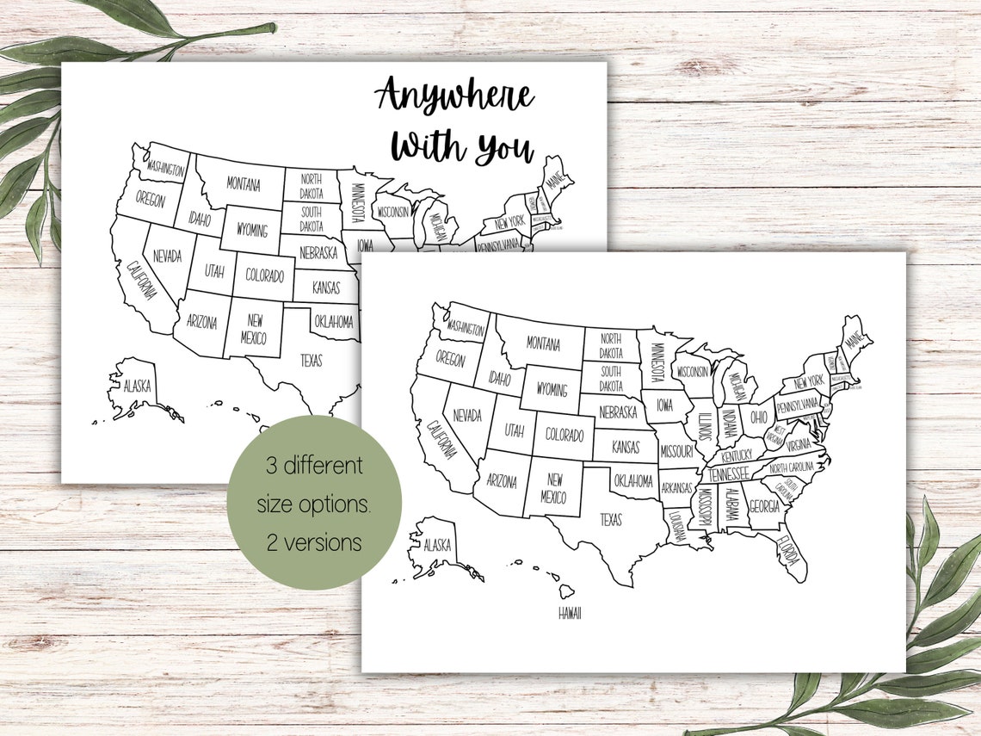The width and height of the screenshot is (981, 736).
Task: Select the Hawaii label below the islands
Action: coord(569,613)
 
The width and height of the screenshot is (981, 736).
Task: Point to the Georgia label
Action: coord(764,507)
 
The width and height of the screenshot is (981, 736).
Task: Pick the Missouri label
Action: coord(677,451)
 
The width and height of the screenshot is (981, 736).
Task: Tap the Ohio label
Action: coord(758,417)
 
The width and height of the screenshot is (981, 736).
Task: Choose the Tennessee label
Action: coord(728,473)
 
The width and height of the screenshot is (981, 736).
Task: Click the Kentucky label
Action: coord(737,454)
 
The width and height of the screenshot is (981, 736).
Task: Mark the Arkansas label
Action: coord(677,487)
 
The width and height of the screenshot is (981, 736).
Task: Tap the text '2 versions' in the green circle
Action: coord(313,543)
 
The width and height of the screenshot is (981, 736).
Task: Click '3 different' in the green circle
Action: coord(313,467)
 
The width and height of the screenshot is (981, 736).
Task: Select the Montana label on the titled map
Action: coord(244,183)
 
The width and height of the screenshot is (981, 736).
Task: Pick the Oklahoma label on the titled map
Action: coord(333,322)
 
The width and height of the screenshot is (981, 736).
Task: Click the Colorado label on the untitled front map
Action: coord(564,436)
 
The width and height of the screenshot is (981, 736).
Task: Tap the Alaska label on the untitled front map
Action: coord(436,544)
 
